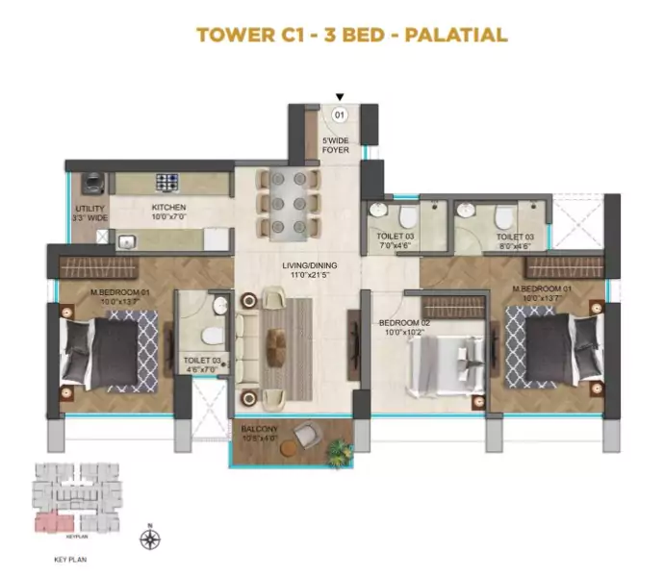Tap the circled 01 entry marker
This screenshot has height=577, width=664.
click(x=339, y=114)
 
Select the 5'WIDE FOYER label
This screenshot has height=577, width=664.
click(x=336, y=145)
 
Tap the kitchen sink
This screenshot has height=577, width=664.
click(x=126, y=240)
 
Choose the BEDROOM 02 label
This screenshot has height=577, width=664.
click(x=397, y=324)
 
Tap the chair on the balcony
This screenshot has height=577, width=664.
click(x=305, y=435)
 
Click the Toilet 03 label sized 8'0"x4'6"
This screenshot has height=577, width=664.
click(x=515, y=239)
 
